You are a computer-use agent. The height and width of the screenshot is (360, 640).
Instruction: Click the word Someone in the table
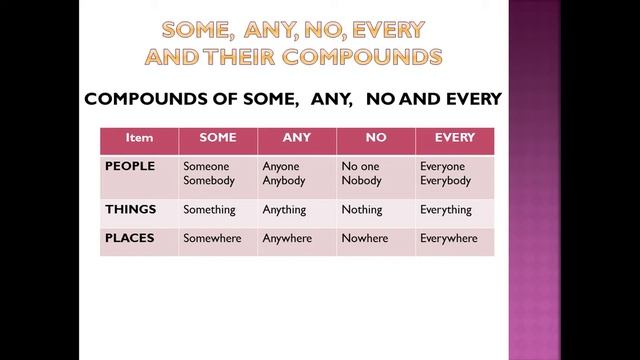click(206, 166)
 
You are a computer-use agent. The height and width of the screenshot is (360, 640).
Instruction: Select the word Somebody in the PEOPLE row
click(208, 181)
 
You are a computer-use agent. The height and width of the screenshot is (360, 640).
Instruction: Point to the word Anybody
click(285, 181)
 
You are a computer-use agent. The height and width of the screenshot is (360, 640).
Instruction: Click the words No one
click(360, 166)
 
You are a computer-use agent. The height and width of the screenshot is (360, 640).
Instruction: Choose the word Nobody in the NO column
click(361, 181)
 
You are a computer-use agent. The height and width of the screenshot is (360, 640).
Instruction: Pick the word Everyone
click(443, 166)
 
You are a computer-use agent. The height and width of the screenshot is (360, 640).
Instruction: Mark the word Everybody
click(445, 181)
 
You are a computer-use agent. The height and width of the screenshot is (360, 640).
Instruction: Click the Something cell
click(209, 210)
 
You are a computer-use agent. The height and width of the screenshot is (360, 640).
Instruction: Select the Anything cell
click(284, 210)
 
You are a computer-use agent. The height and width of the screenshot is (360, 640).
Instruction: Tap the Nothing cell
click(362, 210)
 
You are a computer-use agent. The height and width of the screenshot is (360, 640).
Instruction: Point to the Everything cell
click(446, 210)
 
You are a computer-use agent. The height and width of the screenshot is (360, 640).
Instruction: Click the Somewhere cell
click(212, 239)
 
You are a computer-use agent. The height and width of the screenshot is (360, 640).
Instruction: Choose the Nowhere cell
click(364, 239)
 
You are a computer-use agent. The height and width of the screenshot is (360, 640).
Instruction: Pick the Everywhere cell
click(449, 239)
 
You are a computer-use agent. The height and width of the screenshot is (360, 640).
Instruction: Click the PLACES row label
click(130, 237)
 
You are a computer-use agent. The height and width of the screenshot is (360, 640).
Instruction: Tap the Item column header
click(139, 138)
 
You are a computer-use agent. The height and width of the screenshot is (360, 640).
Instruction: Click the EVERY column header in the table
click(454, 138)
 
